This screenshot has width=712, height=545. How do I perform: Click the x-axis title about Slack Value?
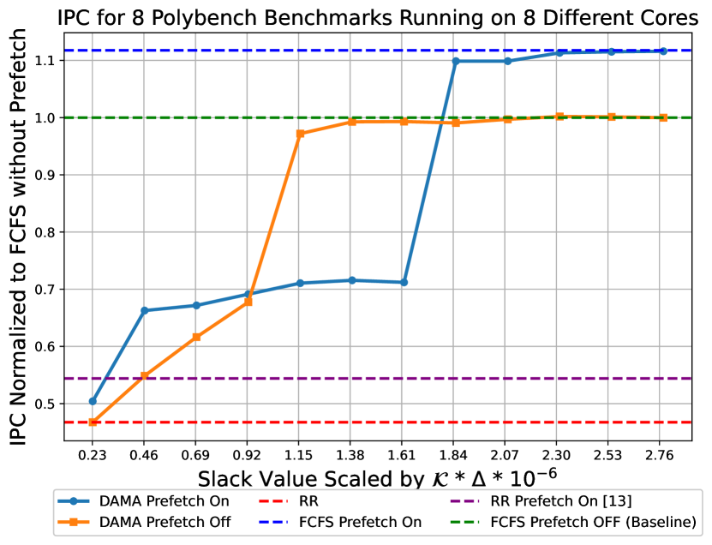point(377,476)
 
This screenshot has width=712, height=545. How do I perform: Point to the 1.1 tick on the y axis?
point(49,61)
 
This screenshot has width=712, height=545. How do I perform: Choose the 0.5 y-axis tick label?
point(49,404)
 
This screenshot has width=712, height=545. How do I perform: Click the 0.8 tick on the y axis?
point(49,232)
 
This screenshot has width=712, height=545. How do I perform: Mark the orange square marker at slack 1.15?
point(300,134)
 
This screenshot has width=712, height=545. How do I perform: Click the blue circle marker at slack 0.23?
point(93,401)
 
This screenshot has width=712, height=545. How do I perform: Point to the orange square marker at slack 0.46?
point(145,376)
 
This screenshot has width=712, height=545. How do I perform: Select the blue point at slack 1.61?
point(404,282)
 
